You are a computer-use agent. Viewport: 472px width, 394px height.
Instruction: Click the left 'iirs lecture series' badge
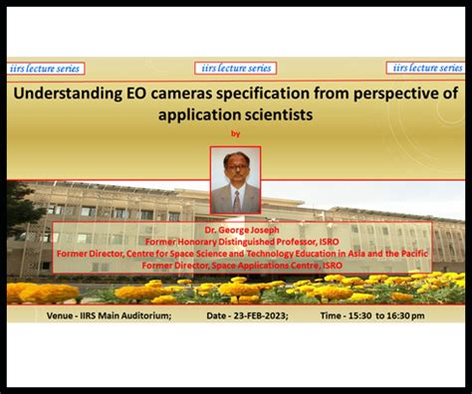coord(46,69)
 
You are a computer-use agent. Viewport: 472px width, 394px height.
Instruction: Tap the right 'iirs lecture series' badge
coord(427,69)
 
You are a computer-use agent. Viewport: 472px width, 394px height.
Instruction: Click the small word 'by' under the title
coord(236,132)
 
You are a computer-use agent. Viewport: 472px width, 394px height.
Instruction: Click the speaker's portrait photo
coord(236,180)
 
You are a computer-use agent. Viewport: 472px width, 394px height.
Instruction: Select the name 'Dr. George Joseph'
coord(236,229)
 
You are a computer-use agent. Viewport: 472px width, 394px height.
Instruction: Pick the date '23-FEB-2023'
coord(262,315)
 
